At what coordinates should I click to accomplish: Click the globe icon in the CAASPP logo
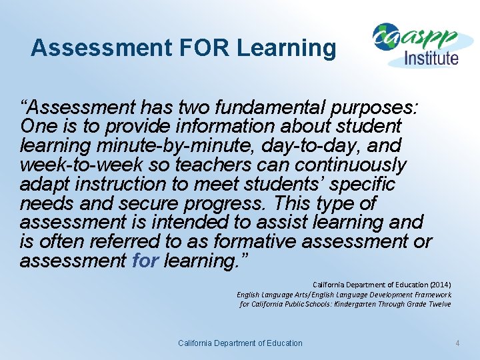385,37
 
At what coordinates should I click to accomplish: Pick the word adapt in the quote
44,184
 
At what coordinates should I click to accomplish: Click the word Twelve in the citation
439,304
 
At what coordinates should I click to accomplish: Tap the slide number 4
457,343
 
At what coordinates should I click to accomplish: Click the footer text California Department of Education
240,343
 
